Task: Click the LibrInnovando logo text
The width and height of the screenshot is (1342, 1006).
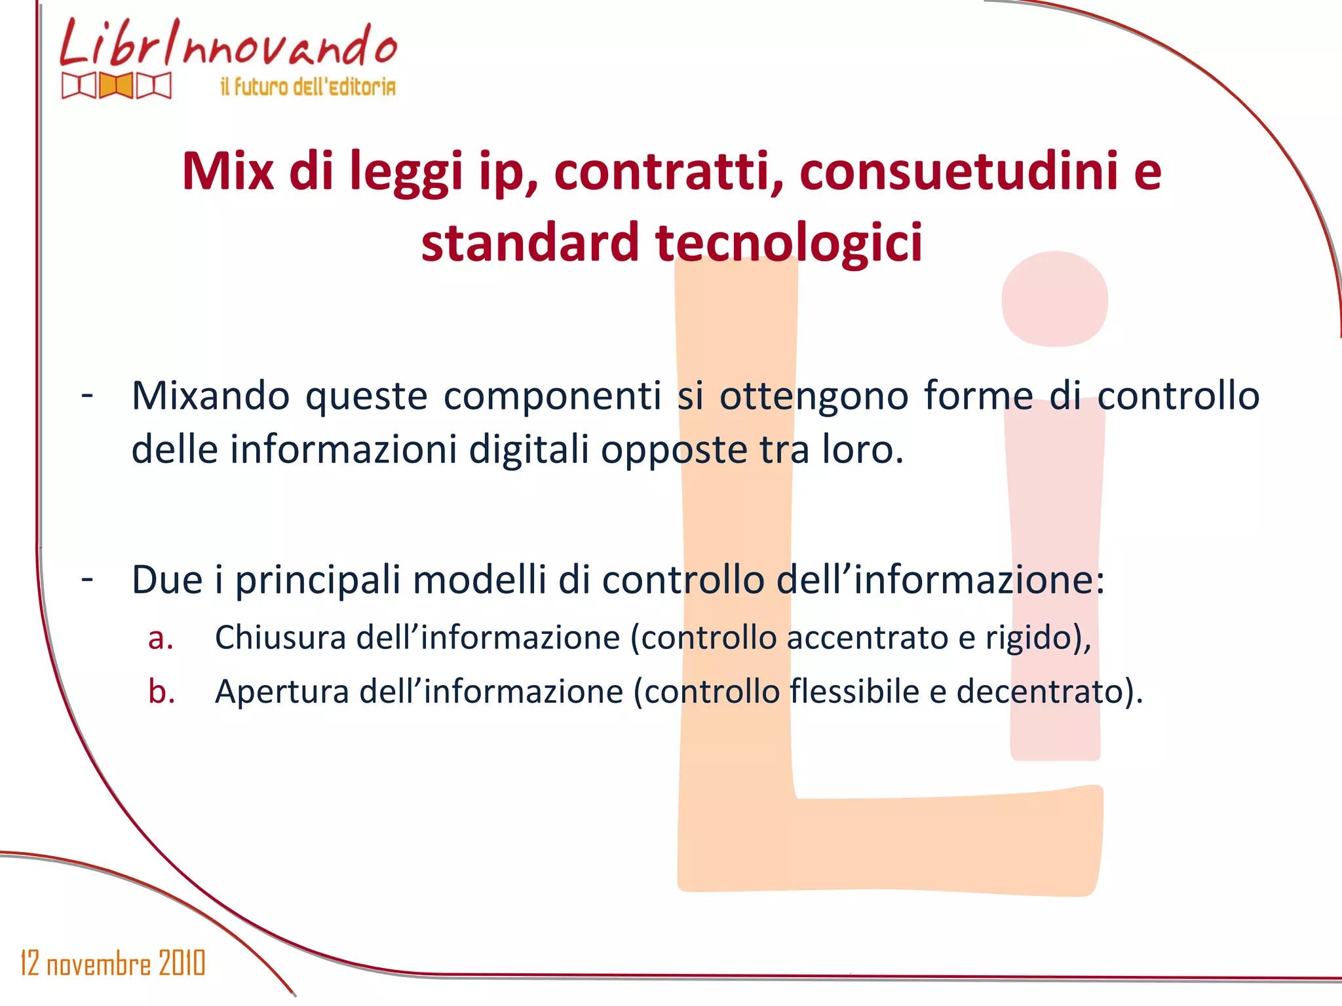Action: (x=228, y=45)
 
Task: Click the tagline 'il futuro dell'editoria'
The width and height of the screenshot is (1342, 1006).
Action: (x=308, y=86)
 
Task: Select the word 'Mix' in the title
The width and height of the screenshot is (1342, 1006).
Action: (x=227, y=172)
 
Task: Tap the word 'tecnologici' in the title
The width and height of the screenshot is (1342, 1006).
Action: (x=789, y=242)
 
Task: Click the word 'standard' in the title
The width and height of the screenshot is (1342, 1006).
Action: (x=529, y=242)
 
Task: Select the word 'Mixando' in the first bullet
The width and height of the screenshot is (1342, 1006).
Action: (x=210, y=396)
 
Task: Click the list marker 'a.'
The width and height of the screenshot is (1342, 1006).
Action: (x=161, y=639)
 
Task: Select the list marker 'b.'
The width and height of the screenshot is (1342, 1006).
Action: (x=161, y=692)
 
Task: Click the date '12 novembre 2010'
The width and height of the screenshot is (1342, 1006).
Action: (x=113, y=963)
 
